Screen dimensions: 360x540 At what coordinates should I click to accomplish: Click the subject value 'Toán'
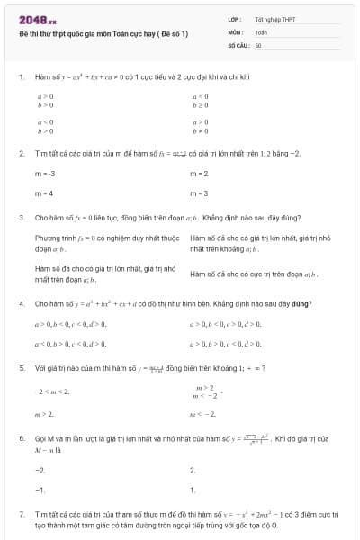[261, 31]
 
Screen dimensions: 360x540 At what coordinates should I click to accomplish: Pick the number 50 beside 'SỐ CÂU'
[258, 44]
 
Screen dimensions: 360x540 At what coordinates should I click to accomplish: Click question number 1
[21, 78]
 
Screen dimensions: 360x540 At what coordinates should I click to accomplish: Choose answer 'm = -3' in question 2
[45, 173]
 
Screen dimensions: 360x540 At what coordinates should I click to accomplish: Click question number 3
[21, 218]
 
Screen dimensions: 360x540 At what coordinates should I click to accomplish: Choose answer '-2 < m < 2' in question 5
[51, 391]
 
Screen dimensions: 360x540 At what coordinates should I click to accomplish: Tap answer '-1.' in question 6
[40, 490]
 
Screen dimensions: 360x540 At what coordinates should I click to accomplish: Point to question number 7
[21, 513]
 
